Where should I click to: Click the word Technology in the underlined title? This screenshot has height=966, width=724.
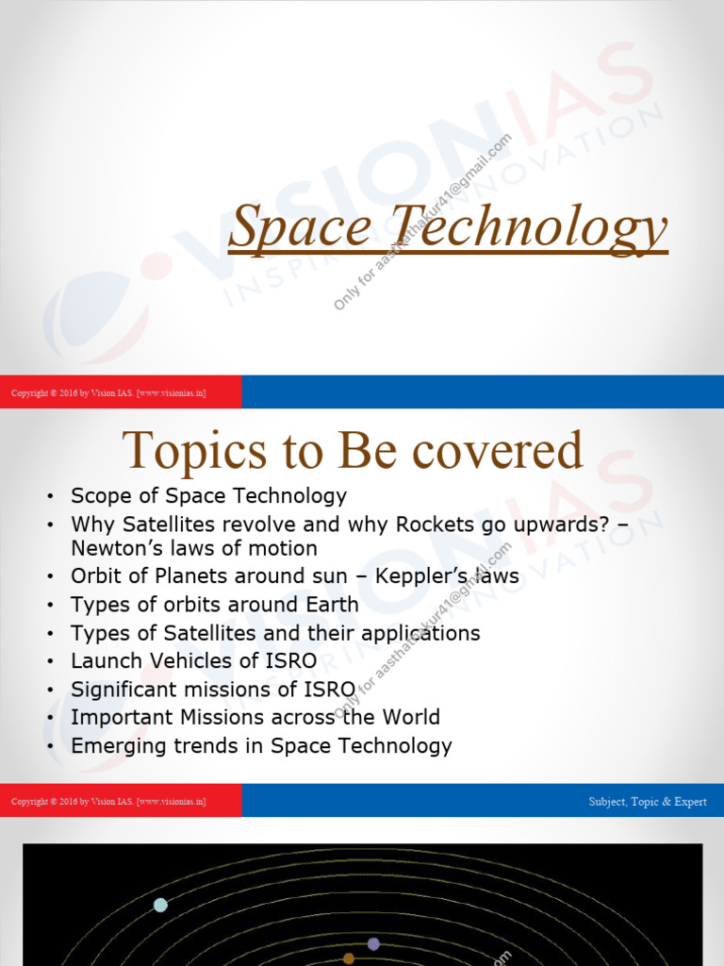click(529, 229)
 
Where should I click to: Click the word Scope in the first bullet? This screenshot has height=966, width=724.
click(98, 496)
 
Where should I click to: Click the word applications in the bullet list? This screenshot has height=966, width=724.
click(411, 633)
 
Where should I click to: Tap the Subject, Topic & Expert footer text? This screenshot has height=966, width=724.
click(647, 802)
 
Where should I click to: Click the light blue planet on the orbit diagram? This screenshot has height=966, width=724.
click(160, 905)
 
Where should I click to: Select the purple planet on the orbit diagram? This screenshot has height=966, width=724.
click(373, 943)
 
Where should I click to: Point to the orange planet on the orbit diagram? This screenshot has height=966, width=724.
click(349, 958)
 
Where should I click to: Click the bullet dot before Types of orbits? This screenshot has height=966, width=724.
click(50, 606)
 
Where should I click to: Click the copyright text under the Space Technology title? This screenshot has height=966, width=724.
click(108, 392)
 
